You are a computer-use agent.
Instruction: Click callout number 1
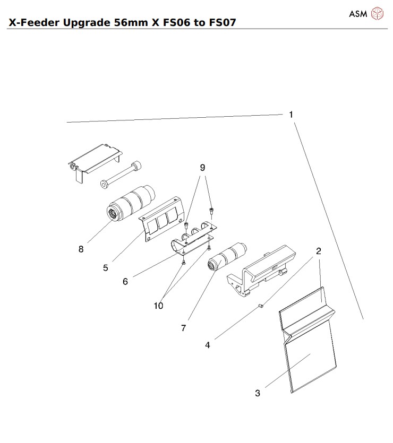291,114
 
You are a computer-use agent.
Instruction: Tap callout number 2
319,251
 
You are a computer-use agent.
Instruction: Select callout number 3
258,393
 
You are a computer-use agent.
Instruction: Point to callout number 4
208,345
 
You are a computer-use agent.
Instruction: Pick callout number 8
81,249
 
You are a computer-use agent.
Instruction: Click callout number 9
202,167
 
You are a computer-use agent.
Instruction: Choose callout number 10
158,306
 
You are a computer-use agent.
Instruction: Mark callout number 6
125,281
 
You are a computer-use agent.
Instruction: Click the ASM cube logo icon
377,13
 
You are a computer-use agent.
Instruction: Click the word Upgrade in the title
85,23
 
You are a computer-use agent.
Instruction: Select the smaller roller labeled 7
227,255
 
